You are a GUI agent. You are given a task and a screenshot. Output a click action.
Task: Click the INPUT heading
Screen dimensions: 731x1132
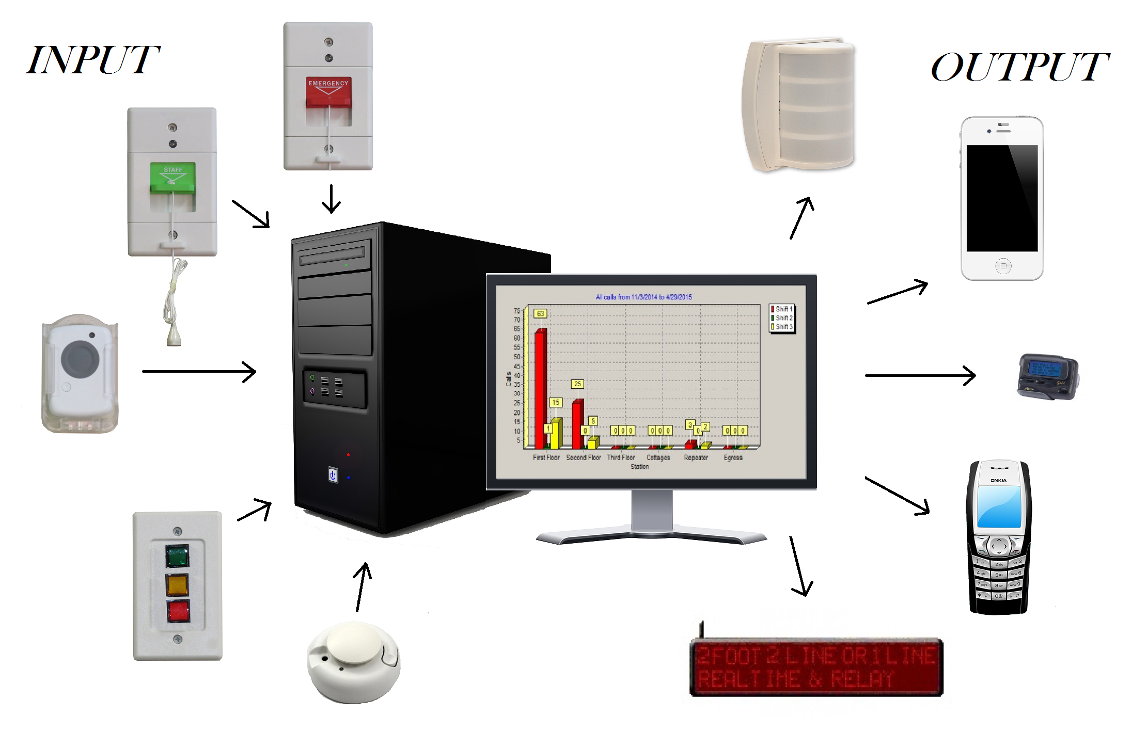[x=93, y=61]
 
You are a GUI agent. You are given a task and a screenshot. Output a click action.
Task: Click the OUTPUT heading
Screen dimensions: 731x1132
[x=1019, y=67]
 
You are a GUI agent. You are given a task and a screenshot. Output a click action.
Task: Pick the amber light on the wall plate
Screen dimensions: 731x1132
[x=177, y=585]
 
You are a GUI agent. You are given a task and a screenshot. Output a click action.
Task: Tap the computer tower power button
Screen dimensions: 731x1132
[x=333, y=475]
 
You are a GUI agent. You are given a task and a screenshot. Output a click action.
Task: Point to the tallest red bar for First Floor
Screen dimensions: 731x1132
[x=540, y=387]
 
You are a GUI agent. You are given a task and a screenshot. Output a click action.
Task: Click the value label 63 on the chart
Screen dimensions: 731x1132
[x=540, y=313]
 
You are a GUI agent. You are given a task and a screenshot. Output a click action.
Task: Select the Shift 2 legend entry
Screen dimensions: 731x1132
[x=782, y=318]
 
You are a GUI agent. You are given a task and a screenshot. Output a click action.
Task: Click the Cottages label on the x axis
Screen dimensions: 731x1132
[x=658, y=457]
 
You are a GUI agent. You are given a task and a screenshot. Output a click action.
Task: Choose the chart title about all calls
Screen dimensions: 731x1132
[x=643, y=297]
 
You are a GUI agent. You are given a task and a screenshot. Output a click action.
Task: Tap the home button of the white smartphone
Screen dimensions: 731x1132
[x=1003, y=266]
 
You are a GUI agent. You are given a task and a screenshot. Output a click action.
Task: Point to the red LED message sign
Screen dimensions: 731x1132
[x=816, y=667]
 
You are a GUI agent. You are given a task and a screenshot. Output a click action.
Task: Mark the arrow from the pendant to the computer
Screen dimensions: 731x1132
[x=199, y=371]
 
